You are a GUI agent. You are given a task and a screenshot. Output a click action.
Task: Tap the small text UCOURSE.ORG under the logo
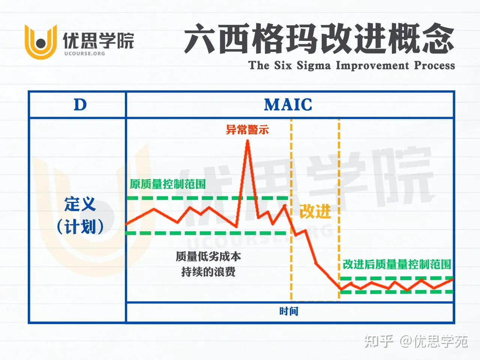84,54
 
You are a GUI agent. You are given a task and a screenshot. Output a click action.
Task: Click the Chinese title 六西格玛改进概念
319,39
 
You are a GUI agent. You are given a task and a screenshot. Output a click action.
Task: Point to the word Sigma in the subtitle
313,65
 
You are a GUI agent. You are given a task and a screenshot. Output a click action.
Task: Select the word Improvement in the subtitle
372,65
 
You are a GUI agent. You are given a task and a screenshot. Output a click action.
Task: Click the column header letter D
80,105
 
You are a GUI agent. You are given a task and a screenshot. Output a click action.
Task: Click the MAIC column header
288,105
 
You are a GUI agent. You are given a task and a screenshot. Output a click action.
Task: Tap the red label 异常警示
247,130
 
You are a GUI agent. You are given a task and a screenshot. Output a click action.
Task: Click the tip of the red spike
247,141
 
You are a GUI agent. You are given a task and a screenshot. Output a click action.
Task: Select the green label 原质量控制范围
168,184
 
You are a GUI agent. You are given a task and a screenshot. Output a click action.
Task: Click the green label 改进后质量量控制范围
397,264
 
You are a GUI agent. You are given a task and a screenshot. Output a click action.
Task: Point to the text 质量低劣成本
208,256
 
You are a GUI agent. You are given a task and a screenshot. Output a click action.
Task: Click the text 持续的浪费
208,271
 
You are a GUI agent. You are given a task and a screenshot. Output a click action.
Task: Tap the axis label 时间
288,311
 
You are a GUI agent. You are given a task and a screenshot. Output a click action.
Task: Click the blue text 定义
80,205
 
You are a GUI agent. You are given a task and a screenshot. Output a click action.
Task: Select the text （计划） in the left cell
80,227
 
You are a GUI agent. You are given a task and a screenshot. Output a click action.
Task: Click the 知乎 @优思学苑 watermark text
416,341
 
